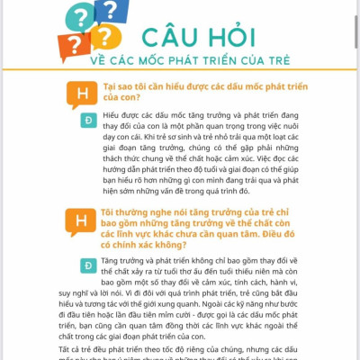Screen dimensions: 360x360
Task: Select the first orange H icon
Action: [x=82, y=94]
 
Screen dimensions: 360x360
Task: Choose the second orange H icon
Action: [x=82, y=220]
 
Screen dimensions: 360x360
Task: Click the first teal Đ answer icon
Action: [x=88, y=120]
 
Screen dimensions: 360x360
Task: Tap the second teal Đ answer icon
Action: [x=88, y=266]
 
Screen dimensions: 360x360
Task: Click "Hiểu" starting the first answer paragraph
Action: [x=112, y=116]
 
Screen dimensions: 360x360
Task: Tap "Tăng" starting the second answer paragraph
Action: [x=112, y=260]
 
